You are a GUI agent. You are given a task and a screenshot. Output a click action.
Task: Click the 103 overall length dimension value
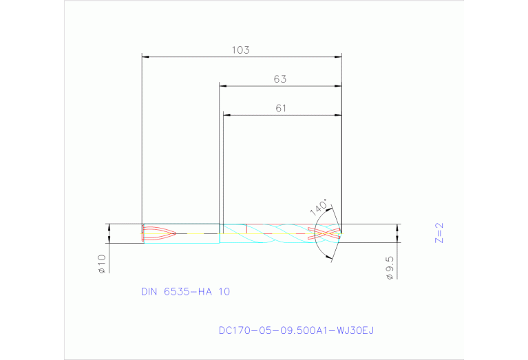[x=240, y=50]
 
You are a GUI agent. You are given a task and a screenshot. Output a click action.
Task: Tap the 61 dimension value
[x=280, y=108]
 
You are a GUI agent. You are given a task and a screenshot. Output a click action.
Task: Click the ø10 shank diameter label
[x=101, y=264]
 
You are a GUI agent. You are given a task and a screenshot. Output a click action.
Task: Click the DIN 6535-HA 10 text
[x=185, y=292]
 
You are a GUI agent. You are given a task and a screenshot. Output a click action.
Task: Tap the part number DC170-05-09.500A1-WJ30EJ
[x=296, y=330]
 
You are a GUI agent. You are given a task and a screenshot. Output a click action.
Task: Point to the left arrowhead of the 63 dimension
[x=224, y=86]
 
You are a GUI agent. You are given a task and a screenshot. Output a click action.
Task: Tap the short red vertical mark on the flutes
[x=246, y=229]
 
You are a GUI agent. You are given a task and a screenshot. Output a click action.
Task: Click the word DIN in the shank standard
[x=149, y=292]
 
